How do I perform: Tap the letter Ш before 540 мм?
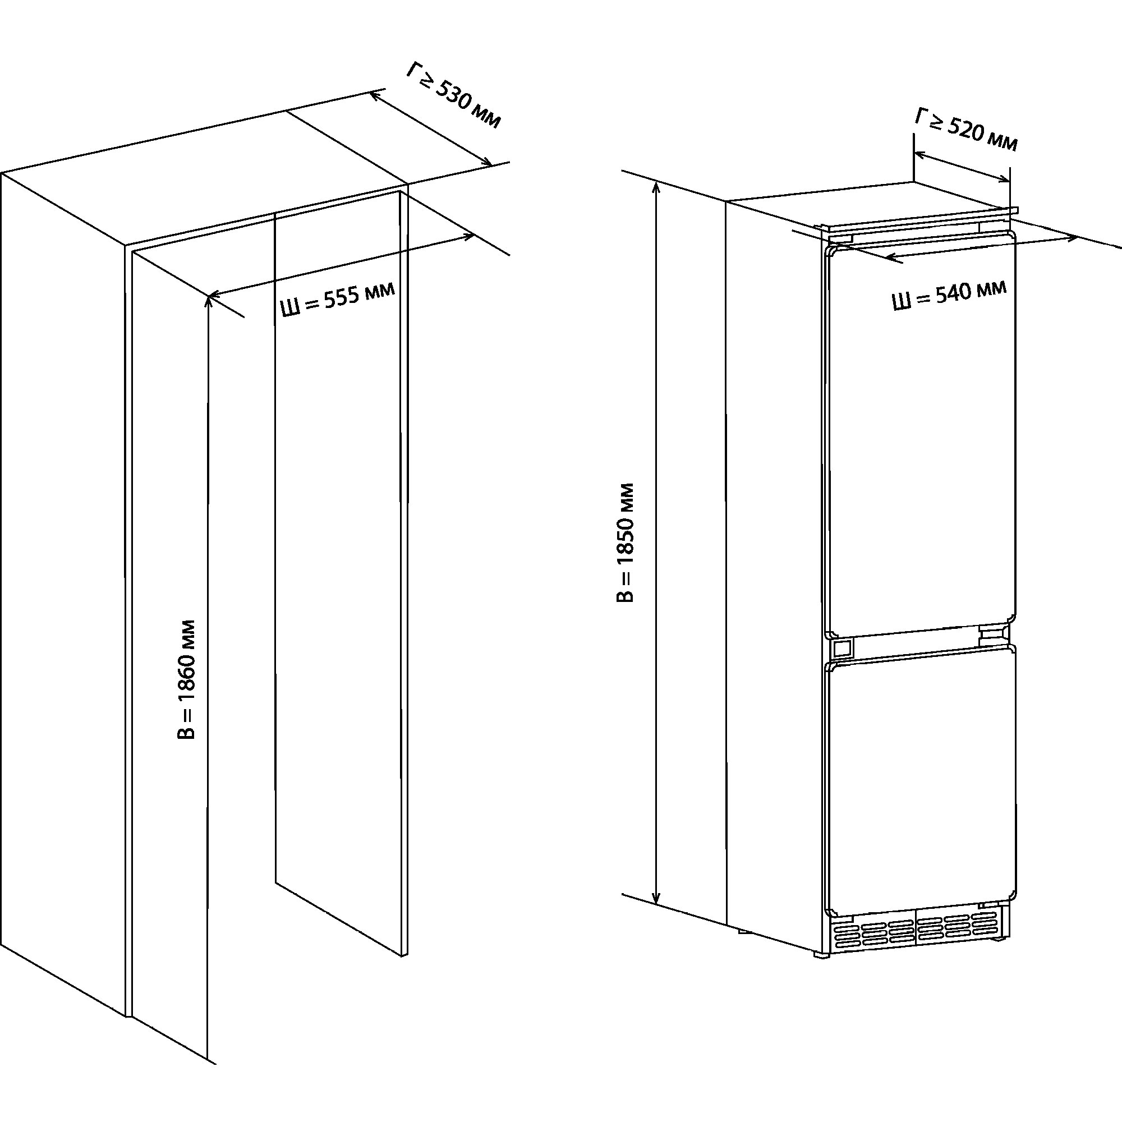click(902, 302)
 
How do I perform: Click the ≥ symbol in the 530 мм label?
click(425, 84)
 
